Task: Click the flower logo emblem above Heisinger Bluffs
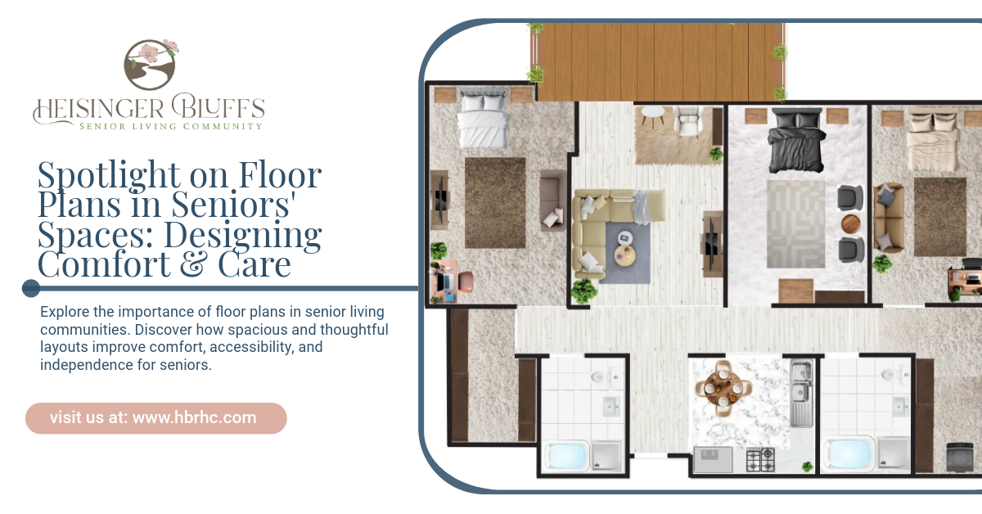tap(151, 64)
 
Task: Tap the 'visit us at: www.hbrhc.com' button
tap(156, 418)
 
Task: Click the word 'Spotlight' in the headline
tap(108, 175)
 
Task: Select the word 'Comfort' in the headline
tap(104, 264)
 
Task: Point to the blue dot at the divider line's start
tap(31, 288)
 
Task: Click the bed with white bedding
tap(484, 119)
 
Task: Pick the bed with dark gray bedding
tap(796, 140)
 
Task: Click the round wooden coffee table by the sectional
tap(624, 255)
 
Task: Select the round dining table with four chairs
tap(723, 389)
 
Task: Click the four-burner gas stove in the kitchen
tap(760, 459)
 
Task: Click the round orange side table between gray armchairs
tap(851, 224)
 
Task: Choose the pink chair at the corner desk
tap(465, 282)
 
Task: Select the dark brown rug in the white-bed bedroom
tap(495, 203)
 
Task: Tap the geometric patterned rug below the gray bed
tap(795, 224)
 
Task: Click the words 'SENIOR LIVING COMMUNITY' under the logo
tap(170, 127)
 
